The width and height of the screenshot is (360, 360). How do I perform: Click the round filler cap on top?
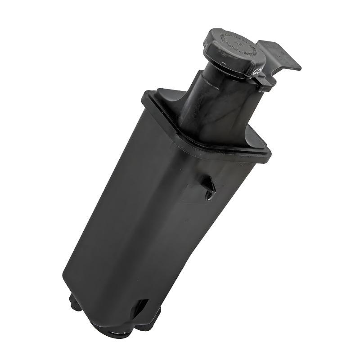(234, 52)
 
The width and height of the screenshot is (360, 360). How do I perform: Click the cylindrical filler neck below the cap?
(216, 103)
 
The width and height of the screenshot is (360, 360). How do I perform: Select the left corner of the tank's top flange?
(146, 97)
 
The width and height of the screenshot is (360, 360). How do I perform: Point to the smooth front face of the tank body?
(135, 216)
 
